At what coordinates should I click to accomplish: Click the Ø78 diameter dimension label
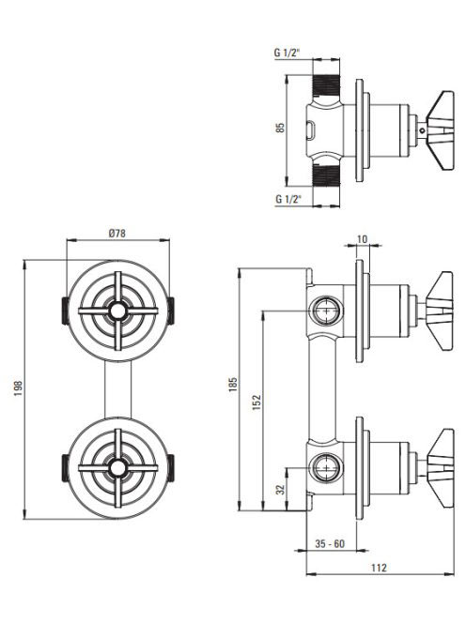pyautogui.click(x=117, y=234)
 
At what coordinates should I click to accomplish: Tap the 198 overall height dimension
pyautogui.click(x=18, y=389)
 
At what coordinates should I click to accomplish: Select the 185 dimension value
pyautogui.click(x=233, y=385)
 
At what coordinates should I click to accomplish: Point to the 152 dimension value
pyautogui.click(x=256, y=403)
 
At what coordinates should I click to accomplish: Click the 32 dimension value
pyautogui.click(x=281, y=489)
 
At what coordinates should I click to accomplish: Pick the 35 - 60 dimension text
pyautogui.click(x=330, y=543)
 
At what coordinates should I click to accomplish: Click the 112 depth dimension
pyautogui.click(x=379, y=568)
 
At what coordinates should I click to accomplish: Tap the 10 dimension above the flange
pyautogui.click(x=362, y=239)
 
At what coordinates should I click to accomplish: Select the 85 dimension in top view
pyautogui.click(x=281, y=128)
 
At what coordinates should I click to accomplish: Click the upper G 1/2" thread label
pyautogui.click(x=287, y=53)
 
